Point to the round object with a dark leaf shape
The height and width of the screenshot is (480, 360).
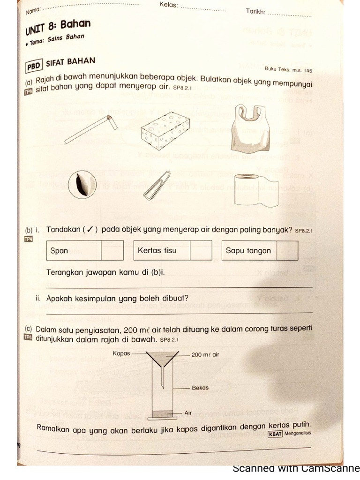click(82, 184)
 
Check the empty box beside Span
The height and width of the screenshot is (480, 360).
click(112, 250)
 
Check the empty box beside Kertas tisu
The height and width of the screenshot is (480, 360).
click(201, 250)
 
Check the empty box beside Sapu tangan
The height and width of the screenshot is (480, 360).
click(287, 250)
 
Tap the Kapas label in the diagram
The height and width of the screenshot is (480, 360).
click(121, 353)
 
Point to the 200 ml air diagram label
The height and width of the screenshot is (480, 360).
click(205, 355)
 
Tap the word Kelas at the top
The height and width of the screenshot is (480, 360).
click(168, 5)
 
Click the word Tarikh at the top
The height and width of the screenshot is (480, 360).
click(256, 11)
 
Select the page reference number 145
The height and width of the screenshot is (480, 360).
click(307, 71)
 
